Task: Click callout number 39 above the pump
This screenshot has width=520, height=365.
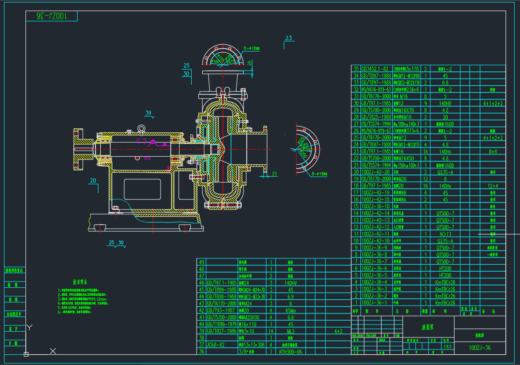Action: pos(148,112)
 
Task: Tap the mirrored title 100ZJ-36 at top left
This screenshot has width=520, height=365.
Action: pos(51,16)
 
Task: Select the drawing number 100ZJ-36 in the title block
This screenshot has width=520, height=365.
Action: pos(480,348)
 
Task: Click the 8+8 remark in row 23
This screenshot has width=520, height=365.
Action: pos(493,151)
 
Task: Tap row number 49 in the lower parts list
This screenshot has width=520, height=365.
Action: pos(202,263)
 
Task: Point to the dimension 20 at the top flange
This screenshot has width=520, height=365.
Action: pos(249,63)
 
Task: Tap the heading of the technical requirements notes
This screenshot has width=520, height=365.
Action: pos(80,282)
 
